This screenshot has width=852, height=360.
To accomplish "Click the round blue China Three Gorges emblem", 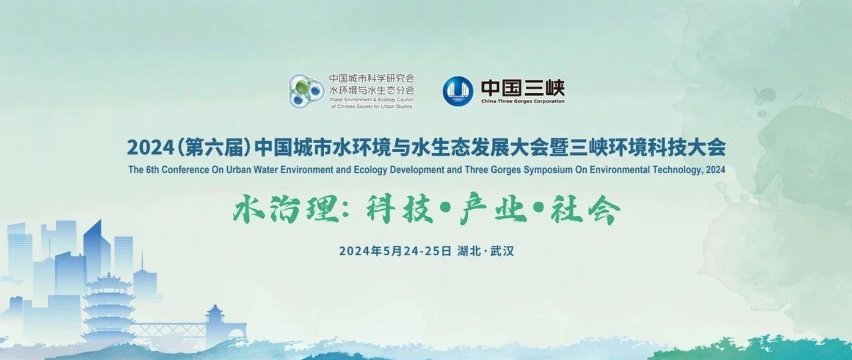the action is [x=458, y=91].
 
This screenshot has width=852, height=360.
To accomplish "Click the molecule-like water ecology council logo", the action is [x=306, y=91].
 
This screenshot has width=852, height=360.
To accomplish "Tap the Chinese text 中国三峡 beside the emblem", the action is [x=523, y=88].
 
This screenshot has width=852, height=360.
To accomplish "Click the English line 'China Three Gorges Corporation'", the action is [x=523, y=101].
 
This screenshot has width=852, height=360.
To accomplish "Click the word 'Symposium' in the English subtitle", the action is [x=548, y=170].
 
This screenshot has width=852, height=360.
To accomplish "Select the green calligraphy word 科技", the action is [x=400, y=209].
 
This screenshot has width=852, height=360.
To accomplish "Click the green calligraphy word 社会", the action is [x=585, y=209].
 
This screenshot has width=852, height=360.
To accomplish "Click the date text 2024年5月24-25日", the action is [x=395, y=251].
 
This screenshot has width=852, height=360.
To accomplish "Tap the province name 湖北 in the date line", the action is [x=469, y=251].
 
